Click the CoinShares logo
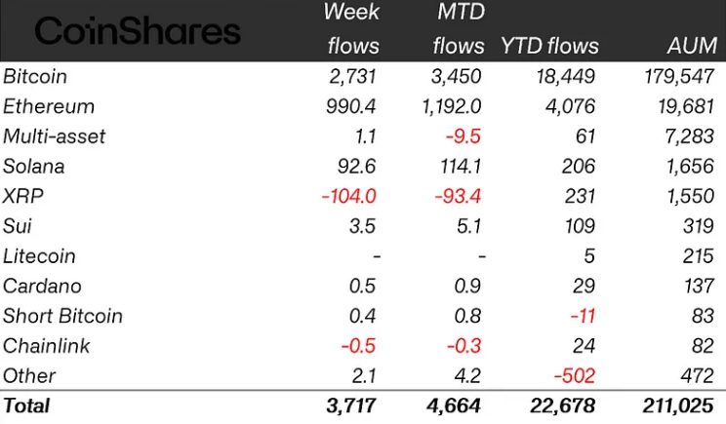(x=138, y=31)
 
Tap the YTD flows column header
(x=549, y=46)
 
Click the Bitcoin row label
(x=35, y=76)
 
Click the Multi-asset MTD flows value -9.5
(x=464, y=136)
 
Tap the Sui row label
(x=17, y=226)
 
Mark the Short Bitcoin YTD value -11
(x=582, y=316)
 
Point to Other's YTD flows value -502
(x=574, y=375)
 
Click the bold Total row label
(x=26, y=405)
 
